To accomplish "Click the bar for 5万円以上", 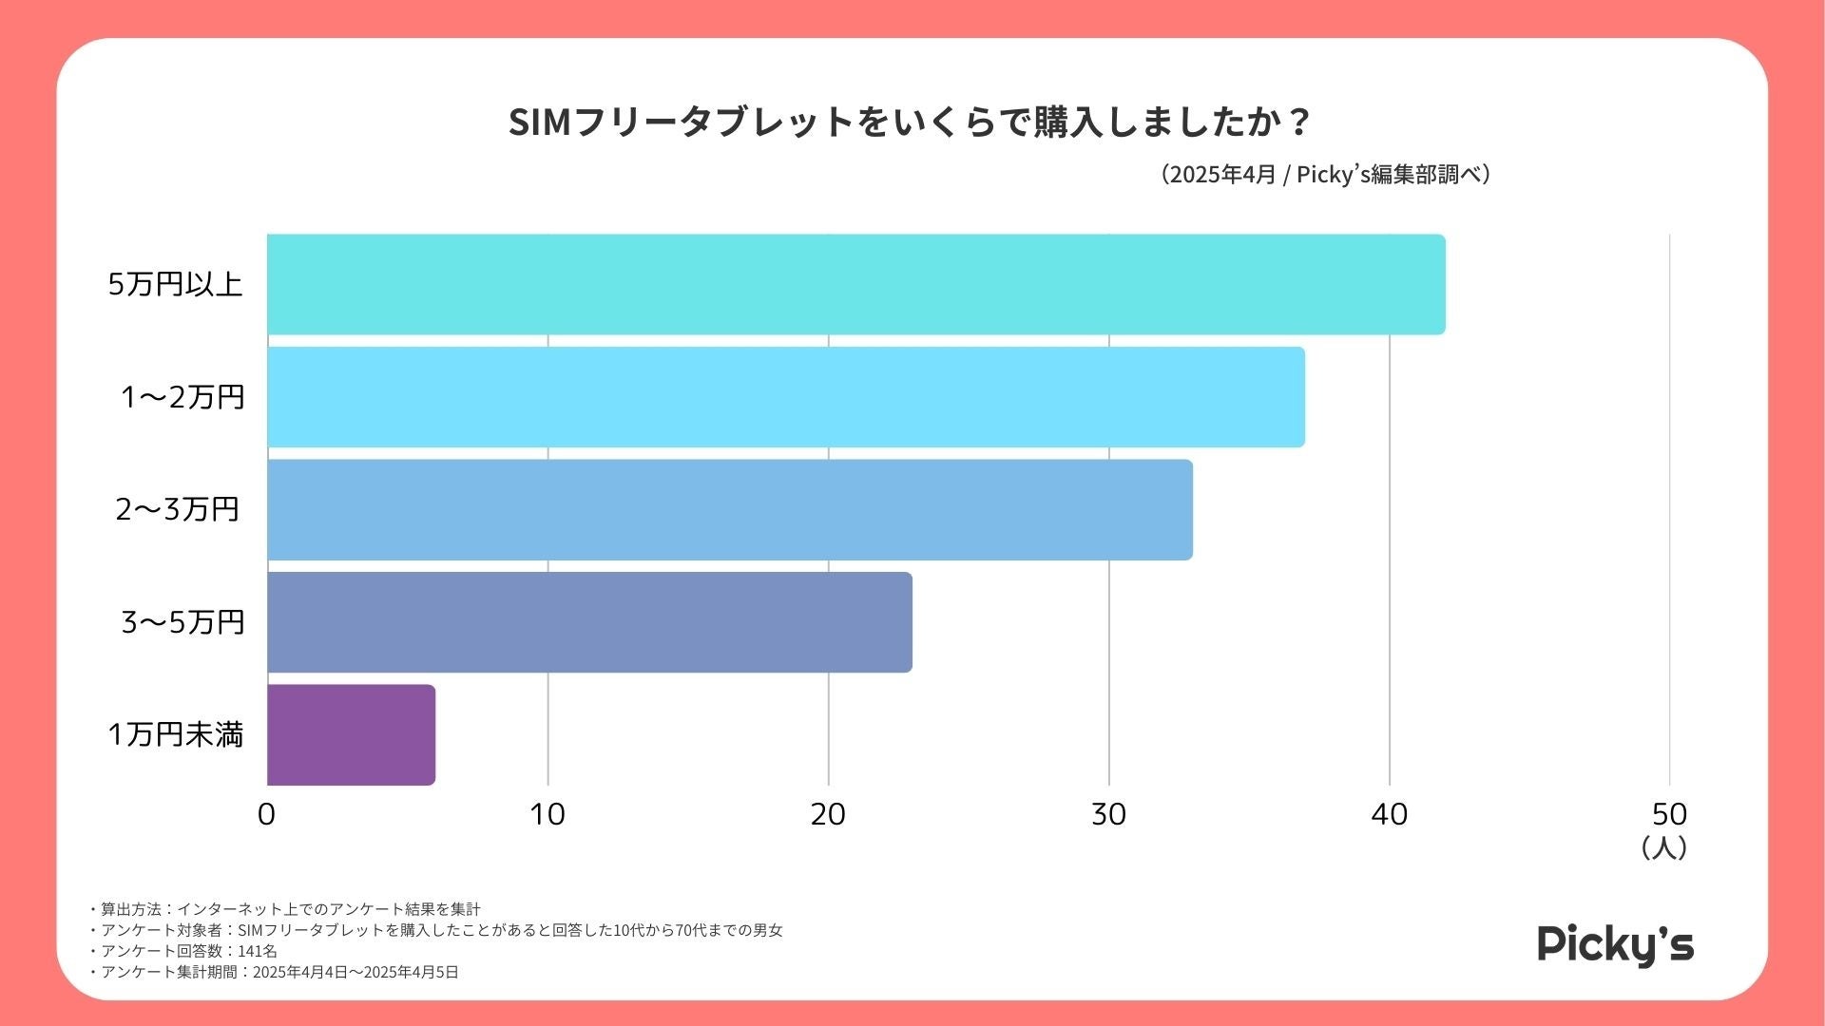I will (x=855, y=284).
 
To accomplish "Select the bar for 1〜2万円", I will (x=785, y=396).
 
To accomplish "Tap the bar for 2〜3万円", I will (x=729, y=509).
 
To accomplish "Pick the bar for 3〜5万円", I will (x=589, y=621).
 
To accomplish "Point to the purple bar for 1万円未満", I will (x=351, y=734).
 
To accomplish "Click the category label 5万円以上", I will (x=175, y=284).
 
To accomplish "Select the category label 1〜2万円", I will (x=182, y=396).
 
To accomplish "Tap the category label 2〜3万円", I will (x=177, y=509).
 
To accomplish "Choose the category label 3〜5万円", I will (x=182, y=621).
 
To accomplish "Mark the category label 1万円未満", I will (x=176, y=734).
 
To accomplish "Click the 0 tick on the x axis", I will (x=267, y=814).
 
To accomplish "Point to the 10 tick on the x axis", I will (x=547, y=814).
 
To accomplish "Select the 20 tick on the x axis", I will (x=828, y=814).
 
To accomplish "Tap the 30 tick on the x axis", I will (x=1108, y=814).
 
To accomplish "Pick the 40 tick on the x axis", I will (x=1389, y=814).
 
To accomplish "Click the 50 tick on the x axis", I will (x=1669, y=814).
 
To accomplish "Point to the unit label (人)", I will (x=1663, y=847).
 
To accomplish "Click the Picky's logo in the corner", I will (x=1615, y=945).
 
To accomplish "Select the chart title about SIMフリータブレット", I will (x=910, y=123).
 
